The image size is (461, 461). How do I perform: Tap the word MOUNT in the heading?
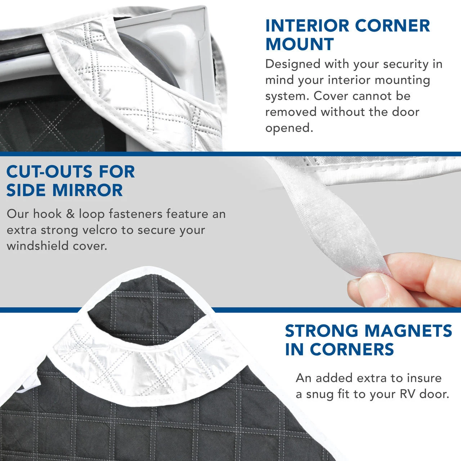click(300, 44)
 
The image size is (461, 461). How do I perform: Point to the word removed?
click(290, 112)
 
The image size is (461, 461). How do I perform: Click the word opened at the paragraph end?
click(289, 127)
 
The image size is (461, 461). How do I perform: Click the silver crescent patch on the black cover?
click(144, 364)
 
